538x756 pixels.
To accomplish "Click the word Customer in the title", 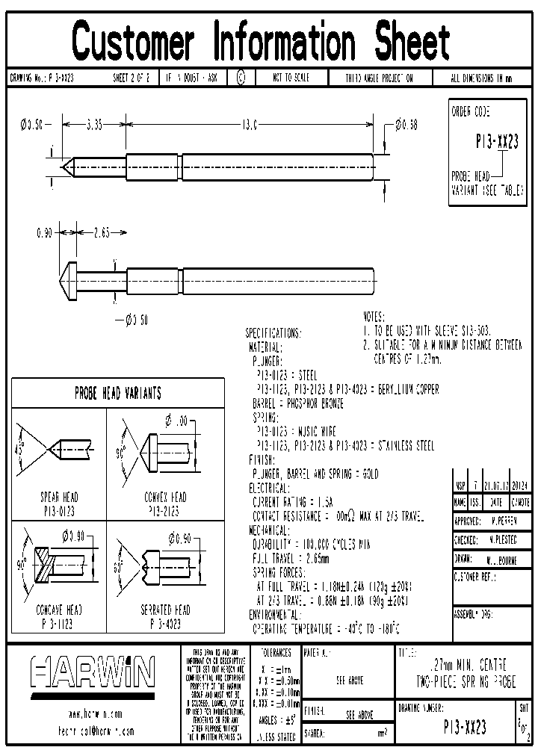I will tap(134, 41).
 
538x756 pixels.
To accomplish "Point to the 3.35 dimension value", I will tap(94, 125).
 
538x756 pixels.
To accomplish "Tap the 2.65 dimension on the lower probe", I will tap(101, 233).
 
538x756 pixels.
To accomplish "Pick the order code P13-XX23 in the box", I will tap(497, 142).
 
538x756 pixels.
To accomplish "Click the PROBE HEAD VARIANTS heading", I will tap(118, 393).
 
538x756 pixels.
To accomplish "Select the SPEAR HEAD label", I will tap(59, 497).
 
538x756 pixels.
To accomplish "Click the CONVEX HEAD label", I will tap(165, 497).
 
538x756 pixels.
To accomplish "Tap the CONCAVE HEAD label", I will tap(59, 610).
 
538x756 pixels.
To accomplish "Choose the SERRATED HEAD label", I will tap(165, 610).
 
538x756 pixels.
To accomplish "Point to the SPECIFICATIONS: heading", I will tap(273, 333).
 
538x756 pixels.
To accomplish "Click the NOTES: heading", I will tap(374, 317).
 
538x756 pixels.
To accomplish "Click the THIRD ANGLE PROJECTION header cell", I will tap(378, 78).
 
